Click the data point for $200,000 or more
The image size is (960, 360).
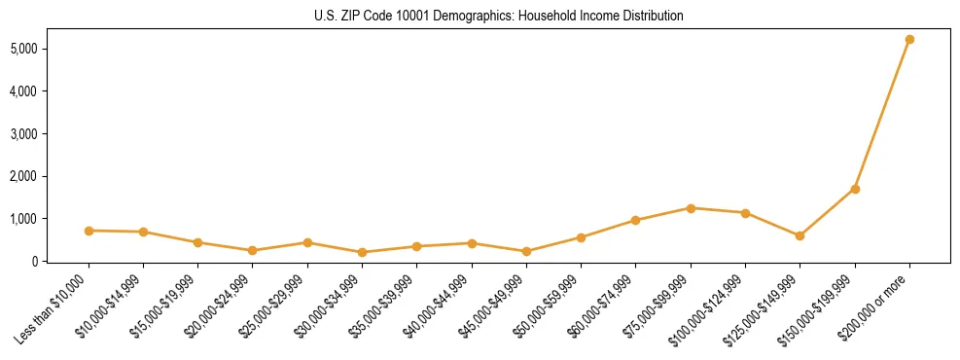(x=909, y=39)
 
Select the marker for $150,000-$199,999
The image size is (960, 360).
(x=855, y=189)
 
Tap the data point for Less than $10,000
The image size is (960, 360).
(x=89, y=231)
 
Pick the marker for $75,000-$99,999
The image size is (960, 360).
(x=691, y=208)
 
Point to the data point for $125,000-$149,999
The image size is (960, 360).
(x=800, y=235)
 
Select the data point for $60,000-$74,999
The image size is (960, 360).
(x=635, y=220)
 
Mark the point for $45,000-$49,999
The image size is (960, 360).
(x=526, y=251)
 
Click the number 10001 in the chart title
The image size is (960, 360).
(x=391, y=17)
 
